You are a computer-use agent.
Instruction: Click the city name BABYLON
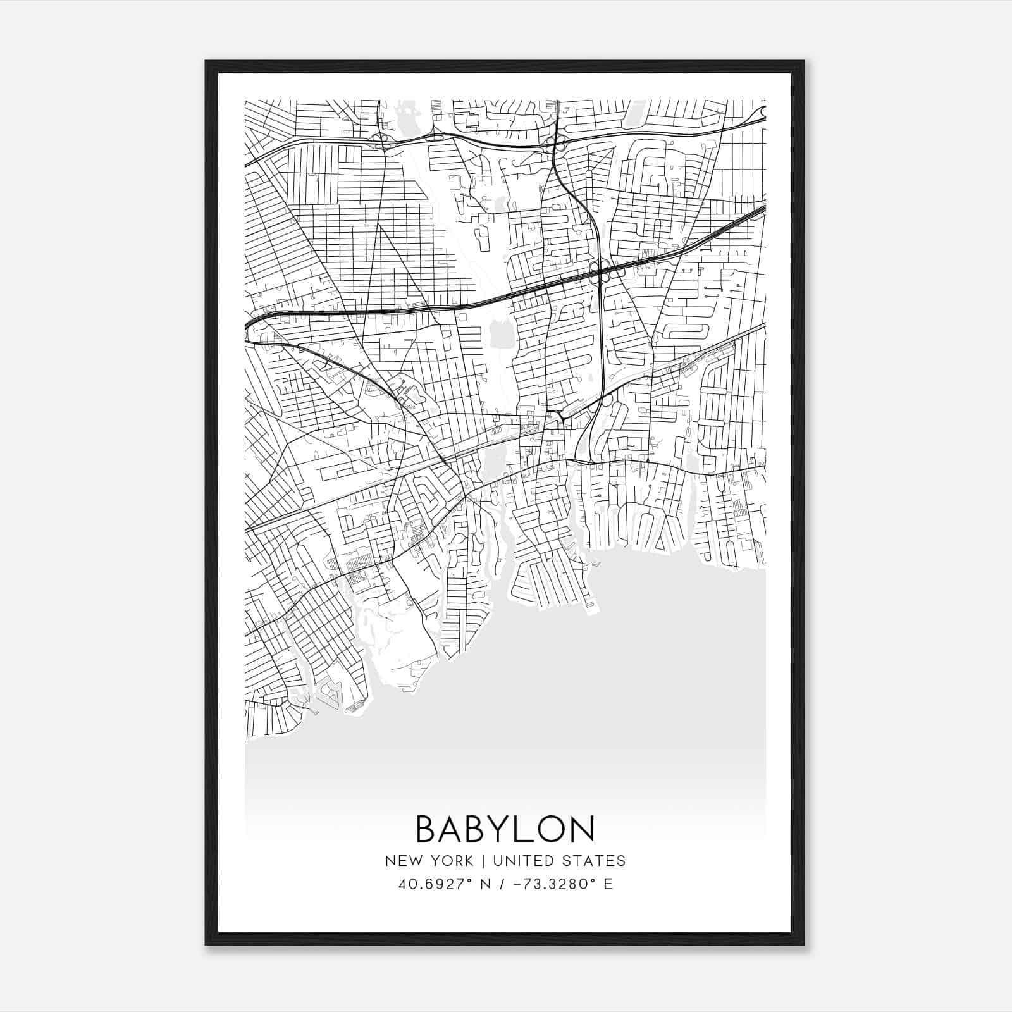click(x=505, y=829)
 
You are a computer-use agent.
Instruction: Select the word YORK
click(x=450, y=861)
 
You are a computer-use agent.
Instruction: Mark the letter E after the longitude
click(x=608, y=884)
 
